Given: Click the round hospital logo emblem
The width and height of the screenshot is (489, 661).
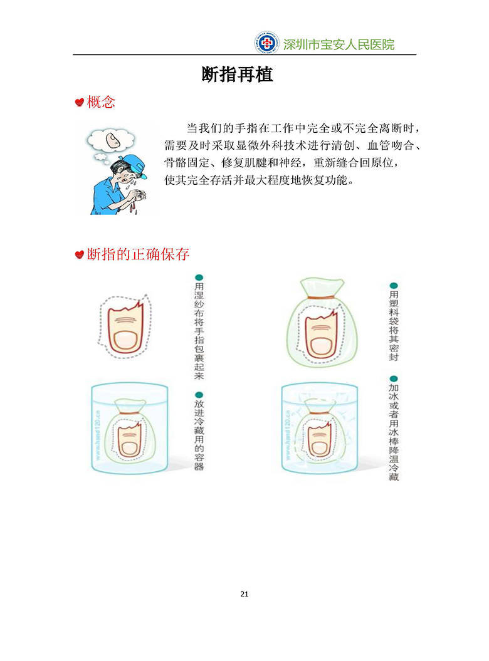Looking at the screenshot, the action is [266, 43].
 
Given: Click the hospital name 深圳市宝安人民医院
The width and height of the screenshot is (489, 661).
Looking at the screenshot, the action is [339, 44].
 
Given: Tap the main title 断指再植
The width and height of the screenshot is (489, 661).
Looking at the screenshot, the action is [238, 75].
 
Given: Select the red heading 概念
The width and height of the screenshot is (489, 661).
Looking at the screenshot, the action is [101, 102].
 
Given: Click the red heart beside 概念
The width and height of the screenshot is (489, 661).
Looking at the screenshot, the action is [80, 102].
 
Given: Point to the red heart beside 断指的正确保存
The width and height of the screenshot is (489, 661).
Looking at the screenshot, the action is [80, 254].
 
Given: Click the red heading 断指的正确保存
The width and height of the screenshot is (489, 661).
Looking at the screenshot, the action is [138, 254].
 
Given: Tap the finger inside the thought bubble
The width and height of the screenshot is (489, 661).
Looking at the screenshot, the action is [113, 140].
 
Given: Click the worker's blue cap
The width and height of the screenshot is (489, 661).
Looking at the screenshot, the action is [134, 165].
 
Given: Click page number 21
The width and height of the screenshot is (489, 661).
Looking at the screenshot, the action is [244, 594].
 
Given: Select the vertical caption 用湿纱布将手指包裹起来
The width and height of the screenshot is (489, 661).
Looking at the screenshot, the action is [199, 331].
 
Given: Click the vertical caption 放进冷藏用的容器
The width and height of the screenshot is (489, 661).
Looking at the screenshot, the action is [199, 435].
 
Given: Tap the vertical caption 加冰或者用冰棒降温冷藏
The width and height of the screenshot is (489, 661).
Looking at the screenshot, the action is [393, 432].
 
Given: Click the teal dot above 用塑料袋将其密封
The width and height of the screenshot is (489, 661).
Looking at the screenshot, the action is [393, 286].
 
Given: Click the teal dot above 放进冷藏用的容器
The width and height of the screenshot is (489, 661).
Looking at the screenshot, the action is [199, 395].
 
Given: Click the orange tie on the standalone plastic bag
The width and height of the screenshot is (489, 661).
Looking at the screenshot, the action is [322, 298].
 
